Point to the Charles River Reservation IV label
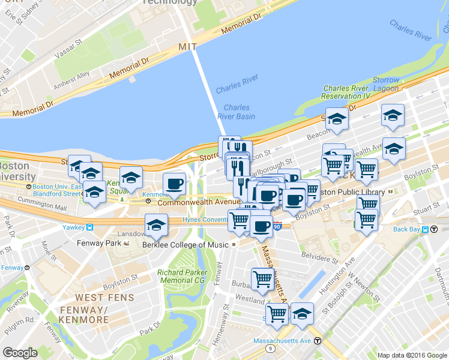346,92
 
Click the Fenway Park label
99,243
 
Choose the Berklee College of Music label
185,245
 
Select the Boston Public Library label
350,192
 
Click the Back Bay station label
409,229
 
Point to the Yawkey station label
75,227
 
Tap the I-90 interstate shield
276,226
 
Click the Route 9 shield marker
271,347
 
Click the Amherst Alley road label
72,77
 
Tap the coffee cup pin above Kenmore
174,184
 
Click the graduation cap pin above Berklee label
156,225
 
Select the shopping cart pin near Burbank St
262,278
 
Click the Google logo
20,353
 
